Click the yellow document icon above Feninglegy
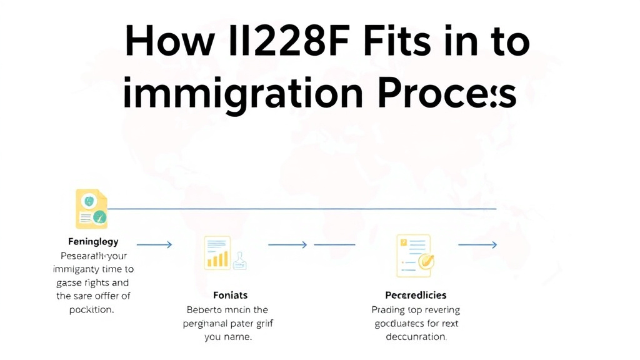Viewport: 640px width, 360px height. [x=91, y=209]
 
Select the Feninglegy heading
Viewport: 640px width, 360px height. [x=93, y=241]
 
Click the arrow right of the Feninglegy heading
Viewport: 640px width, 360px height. [x=154, y=245]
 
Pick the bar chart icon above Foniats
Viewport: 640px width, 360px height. [x=217, y=252]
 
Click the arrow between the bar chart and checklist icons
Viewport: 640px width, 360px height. [x=287, y=245]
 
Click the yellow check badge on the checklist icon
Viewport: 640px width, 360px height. [x=426, y=261]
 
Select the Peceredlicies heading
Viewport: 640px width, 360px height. [x=415, y=294]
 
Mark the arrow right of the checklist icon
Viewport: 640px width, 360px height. [x=477, y=245]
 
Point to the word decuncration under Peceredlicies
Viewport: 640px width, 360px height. [x=415, y=337]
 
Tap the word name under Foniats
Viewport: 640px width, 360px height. [x=236, y=337]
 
